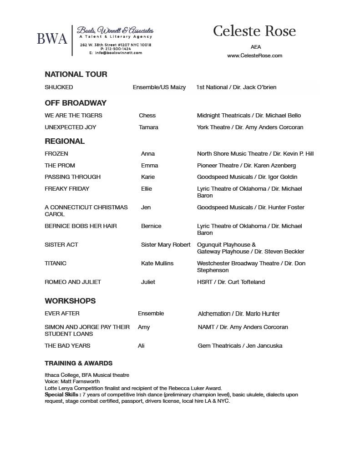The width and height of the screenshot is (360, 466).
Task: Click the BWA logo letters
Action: (x=52, y=39)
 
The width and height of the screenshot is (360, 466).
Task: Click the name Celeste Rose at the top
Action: (x=254, y=31)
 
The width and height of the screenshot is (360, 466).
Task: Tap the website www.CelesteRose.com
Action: (x=255, y=56)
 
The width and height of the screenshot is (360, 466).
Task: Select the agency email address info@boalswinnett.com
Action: (x=118, y=53)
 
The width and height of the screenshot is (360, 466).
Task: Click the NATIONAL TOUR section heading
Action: (x=76, y=74)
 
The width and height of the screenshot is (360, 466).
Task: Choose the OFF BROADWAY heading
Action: (x=76, y=103)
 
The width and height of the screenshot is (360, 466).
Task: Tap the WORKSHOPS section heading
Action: (x=70, y=301)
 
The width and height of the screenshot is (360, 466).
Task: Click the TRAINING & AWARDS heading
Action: (x=78, y=363)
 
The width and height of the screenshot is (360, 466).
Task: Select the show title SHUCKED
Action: (x=59, y=87)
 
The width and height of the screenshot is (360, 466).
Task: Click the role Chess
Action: (x=147, y=116)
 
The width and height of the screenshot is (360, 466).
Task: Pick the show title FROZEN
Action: (x=56, y=154)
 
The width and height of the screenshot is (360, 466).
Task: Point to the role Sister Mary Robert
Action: (x=166, y=245)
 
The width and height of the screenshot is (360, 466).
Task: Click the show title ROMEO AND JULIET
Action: (x=73, y=282)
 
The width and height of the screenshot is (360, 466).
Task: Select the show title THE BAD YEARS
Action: (x=67, y=346)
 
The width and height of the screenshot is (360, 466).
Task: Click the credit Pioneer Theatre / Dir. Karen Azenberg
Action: (x=246, y=166)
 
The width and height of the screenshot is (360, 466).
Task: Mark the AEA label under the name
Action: (x=256, y=47)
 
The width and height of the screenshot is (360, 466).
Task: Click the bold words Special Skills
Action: (x=62, y=395)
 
